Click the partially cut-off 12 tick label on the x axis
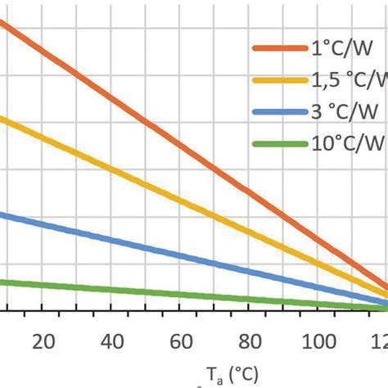pyautogui.click(x=379, y=341)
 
